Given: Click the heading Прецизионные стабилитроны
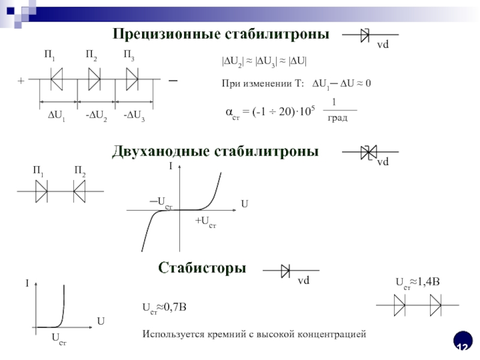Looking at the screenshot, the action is (221, 34).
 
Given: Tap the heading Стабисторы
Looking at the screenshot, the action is (202, 267).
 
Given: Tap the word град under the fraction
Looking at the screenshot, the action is (337, 119).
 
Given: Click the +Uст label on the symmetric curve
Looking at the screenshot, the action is (205, 222).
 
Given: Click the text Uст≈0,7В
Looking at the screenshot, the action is (164, 307).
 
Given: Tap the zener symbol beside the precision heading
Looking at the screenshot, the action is (364, 35).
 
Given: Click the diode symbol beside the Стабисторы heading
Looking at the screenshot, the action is (286, 272).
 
